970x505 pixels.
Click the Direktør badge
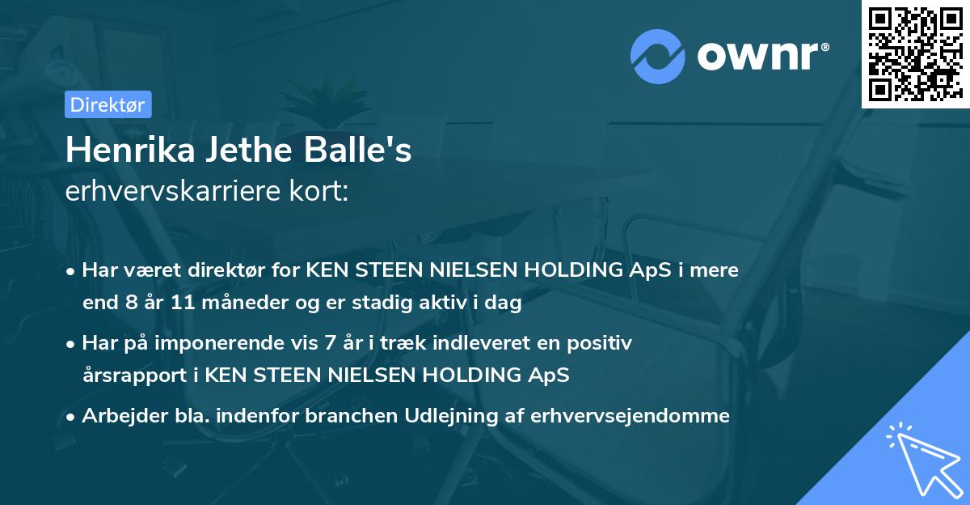107,104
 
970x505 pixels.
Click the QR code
915,54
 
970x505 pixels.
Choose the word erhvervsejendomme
630,416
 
